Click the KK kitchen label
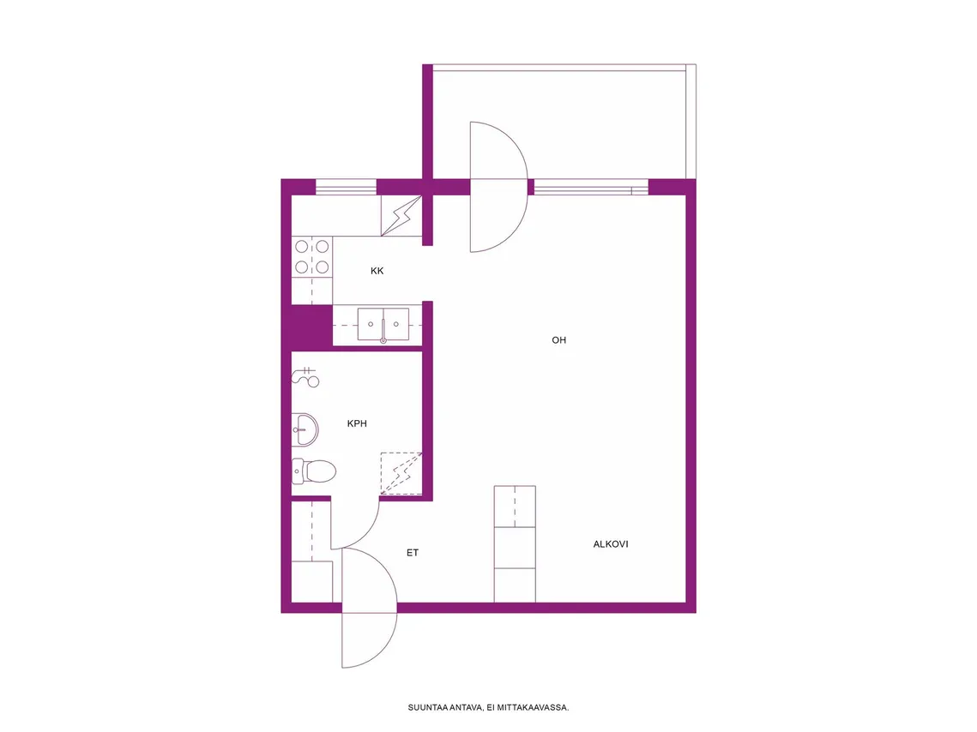point(377,271)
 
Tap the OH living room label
point(559,339)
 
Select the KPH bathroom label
point(357,423)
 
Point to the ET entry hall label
point(413,552)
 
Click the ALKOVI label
point(611,544)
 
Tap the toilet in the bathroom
point(314,471)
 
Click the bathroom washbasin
point(305,429)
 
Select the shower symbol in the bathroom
point(305,377)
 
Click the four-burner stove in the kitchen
point(311,257)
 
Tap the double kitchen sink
point(383,324)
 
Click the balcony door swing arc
point(527,187)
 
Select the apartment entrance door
point(369,608)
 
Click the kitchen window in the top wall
point(346,187)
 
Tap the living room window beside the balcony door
point(591,187)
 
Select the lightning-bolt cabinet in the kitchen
point(401,215)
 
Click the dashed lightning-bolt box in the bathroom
point(401,474)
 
